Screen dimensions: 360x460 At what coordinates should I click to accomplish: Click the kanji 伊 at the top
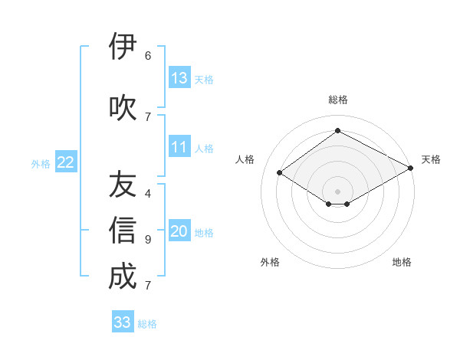tap(123, 47)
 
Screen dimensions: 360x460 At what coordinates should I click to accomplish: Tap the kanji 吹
tap(123, 107)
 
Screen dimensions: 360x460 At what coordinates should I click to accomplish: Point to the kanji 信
tap(123, 231)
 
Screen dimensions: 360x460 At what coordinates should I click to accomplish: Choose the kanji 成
tap(123, 277)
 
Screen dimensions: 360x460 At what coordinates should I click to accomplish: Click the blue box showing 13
tap(179, 78)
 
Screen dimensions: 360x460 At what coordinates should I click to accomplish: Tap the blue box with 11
tap(179, 147)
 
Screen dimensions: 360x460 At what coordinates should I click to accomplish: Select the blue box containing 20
tap(179, 231)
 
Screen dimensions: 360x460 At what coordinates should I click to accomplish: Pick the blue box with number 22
tap(66, 162)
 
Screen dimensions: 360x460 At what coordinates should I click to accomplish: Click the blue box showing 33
tap(123, 322)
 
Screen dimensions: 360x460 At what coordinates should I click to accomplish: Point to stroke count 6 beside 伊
tap(148, 56)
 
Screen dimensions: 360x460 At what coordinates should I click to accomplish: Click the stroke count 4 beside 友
tap(148, 194)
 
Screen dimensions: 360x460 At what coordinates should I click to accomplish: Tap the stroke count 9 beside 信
tap(148, 240)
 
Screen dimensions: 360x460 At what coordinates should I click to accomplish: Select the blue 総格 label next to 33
tap(147, 324)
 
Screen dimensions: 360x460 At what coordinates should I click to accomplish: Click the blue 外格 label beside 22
tap(41, 163)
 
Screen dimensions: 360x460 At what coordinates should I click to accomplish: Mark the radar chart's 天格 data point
tap(412, 169)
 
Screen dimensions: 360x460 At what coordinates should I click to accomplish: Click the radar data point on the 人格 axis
tap(280, 173)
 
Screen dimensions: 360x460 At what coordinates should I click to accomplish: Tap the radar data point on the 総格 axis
tap(337, 131)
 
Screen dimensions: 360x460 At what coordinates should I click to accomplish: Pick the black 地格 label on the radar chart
tap(402, 262)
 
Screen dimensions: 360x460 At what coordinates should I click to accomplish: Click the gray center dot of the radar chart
tap(337, 191)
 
